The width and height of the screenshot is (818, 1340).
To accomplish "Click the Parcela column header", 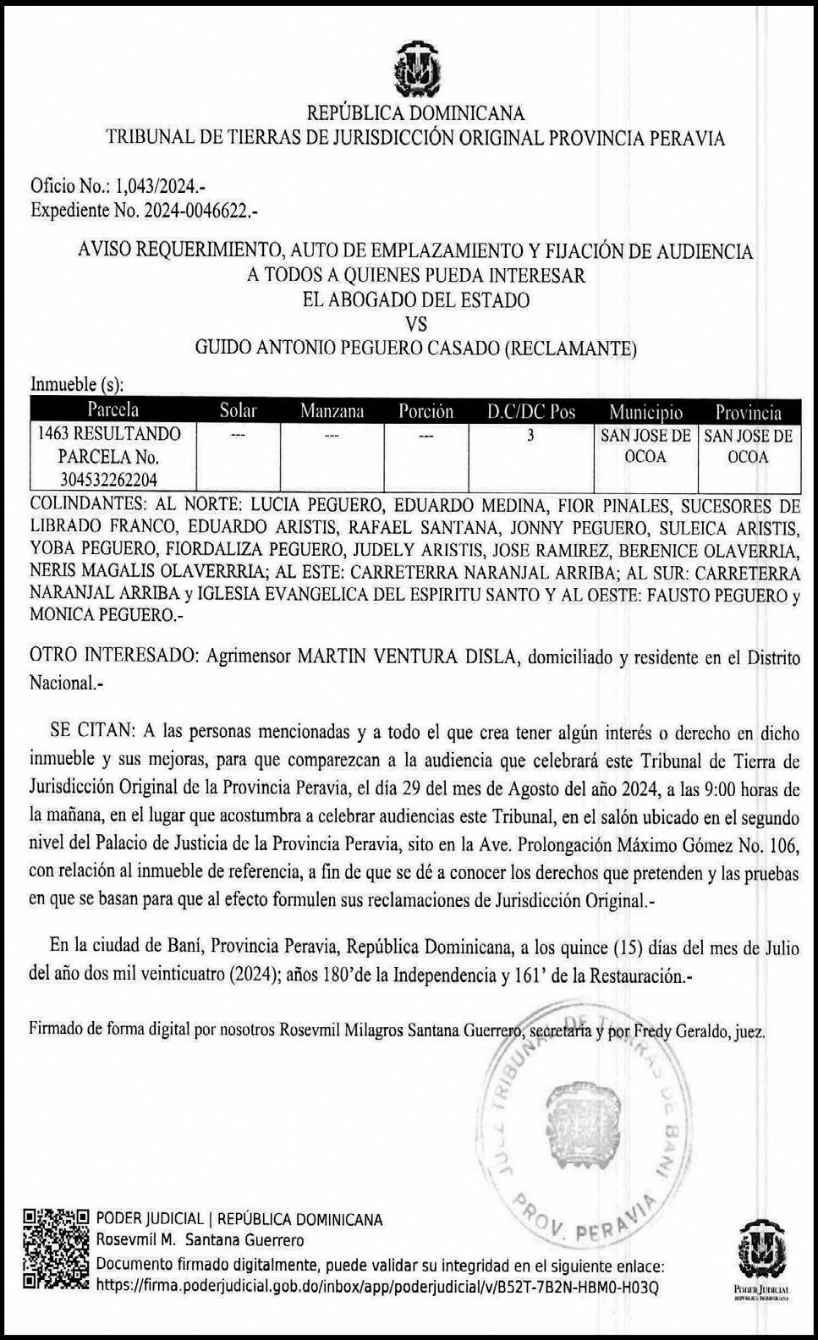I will [x=112, y=411].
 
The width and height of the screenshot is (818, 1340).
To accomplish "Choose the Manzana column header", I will [x=332, y=411].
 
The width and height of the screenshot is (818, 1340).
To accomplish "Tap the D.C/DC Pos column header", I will [x=531, y=411].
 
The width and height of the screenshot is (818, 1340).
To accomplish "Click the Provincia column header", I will [x=749, y=411].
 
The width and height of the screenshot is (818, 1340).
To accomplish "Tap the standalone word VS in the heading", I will [x=415, y=323].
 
